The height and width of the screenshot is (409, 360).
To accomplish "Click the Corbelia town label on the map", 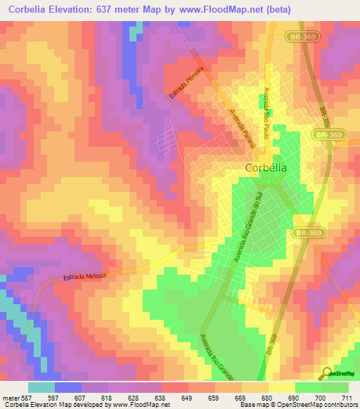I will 266,168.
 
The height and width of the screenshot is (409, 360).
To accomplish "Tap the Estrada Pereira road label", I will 186,83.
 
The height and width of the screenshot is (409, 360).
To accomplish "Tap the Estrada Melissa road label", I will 84,277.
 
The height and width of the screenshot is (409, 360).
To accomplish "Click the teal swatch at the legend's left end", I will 41,387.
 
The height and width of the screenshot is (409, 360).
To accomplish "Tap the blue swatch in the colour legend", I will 67,387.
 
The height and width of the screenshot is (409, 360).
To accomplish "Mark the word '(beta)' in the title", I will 277,10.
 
